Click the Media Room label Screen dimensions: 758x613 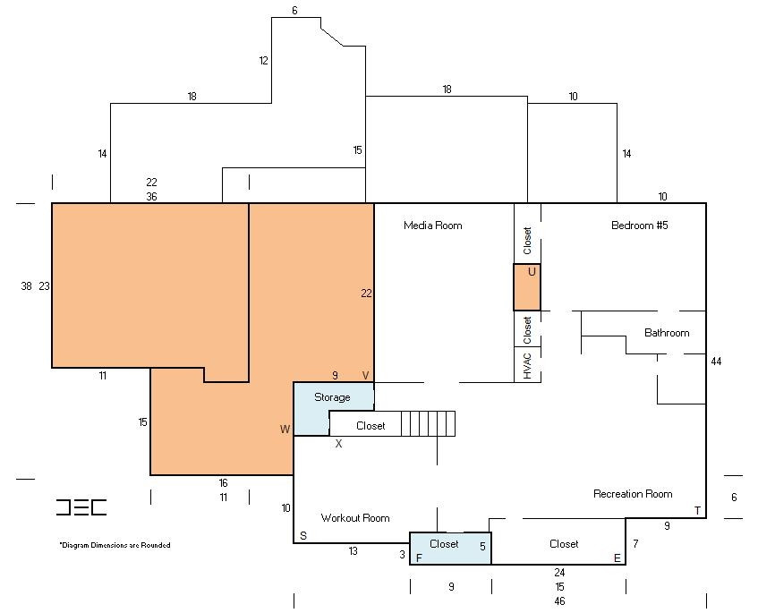coord(432,226)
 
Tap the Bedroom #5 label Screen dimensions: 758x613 coord(639,226)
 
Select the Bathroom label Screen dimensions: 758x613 coord(667,333)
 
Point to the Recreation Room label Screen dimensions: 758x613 coord(633,494)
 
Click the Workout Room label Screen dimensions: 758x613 coord(354,518)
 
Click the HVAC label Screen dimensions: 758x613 coord(527,365)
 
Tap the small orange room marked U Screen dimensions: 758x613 coord(527,287)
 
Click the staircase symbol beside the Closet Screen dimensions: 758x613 coord(428,423)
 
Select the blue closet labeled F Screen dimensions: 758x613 coord(450,549)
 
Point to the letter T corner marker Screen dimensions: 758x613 coord(697,510)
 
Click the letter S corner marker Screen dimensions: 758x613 coord(303,535)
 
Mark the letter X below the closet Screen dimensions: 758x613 coord(338,443)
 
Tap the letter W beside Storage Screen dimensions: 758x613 coord(285,429)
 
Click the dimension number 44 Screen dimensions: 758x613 coord(716,362)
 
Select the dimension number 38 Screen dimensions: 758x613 coord(26,286)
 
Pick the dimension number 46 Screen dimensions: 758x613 coord(559,600)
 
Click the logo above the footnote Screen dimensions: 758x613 coord(81,507)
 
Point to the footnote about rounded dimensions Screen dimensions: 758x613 coord(115,545)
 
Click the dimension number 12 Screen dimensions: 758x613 coord(263,61)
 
